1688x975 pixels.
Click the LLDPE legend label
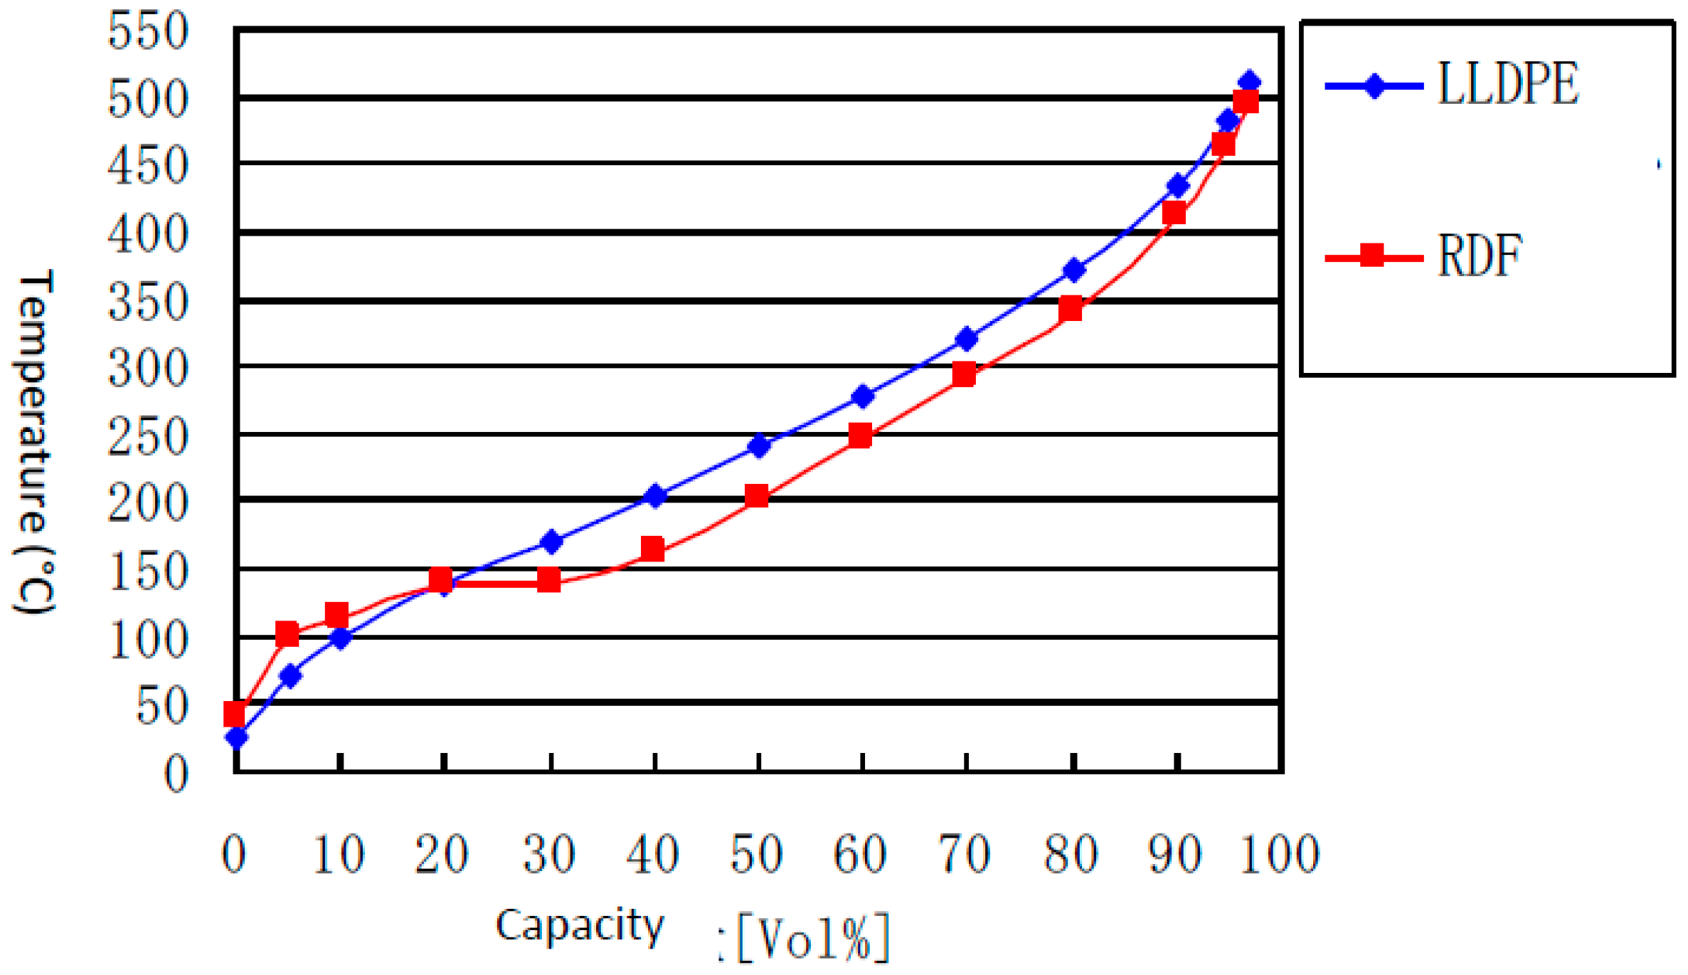coord(1507,84)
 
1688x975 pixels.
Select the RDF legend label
coord(1480,255)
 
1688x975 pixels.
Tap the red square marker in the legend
coord(1372,255)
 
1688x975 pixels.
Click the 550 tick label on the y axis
coord(148,31)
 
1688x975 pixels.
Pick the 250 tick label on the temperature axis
coord(148,436)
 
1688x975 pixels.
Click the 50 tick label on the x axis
coord(757,853)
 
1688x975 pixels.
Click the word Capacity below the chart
coord(580,925)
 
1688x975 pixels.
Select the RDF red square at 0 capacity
coord(234,713)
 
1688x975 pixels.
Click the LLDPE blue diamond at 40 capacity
coord(654,496)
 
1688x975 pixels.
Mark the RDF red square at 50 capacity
coord(757,496)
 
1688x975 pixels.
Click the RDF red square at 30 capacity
coord(548,579)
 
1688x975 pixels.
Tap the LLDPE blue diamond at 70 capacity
coord(966,339)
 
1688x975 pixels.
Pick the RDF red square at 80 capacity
coord(1071,309)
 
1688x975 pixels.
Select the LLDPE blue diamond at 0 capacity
coord(237,737)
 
